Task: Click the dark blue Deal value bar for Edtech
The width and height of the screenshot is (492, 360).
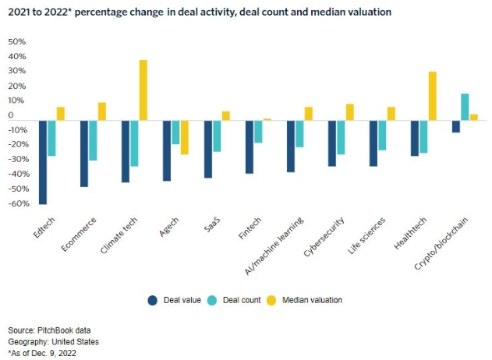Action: click(43, 162)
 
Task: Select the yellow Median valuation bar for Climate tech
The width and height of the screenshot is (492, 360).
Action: click(143, 90)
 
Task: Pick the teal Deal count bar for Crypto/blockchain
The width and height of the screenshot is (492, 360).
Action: click(465, 107)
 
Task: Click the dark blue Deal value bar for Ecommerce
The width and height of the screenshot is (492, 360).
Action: click(83, 154)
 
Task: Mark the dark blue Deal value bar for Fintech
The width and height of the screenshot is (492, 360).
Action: click(250, 146)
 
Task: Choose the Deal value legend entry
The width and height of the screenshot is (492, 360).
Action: click(176, 299)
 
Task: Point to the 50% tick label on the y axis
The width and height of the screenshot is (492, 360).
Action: click(16, 41)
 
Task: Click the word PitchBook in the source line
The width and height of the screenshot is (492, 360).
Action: click(55, 330)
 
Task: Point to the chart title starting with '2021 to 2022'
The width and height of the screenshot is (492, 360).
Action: click(200, 13)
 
